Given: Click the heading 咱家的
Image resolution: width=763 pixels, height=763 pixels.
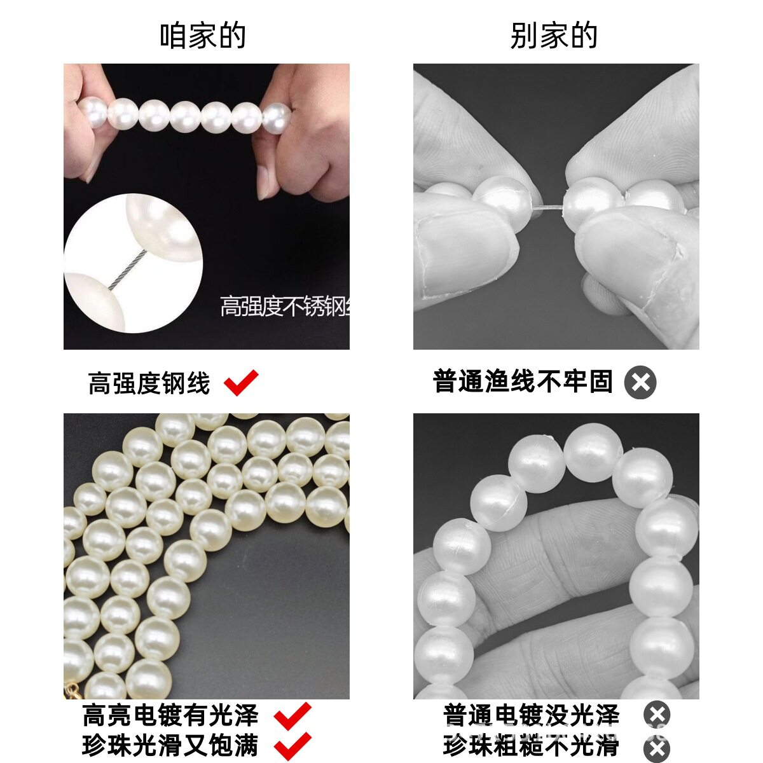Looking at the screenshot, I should pos(203,36).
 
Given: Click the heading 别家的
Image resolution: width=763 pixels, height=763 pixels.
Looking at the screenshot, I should pos(554,36).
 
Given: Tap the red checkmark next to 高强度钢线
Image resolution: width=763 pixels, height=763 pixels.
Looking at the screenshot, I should pos(241,383).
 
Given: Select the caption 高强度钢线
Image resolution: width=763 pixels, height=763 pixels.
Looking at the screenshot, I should pos(149,383).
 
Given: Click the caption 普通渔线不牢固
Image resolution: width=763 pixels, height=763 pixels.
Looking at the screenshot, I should pos(523,381).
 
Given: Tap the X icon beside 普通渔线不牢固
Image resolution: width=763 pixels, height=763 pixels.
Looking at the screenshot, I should pos(640,383).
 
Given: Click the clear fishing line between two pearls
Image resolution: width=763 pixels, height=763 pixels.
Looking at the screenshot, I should pos(547,206).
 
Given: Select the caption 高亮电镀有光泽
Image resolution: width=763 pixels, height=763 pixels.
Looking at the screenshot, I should pos(170,716).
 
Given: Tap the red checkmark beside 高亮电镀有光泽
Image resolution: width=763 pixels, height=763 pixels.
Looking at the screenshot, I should pos(292,716).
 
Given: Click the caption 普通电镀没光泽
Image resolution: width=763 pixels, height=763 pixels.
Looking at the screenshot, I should pos(531,715).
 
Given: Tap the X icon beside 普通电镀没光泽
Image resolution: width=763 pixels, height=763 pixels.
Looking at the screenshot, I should pos(657,715).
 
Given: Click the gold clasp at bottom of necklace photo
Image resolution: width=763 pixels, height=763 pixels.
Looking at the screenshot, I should pos(71,690).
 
